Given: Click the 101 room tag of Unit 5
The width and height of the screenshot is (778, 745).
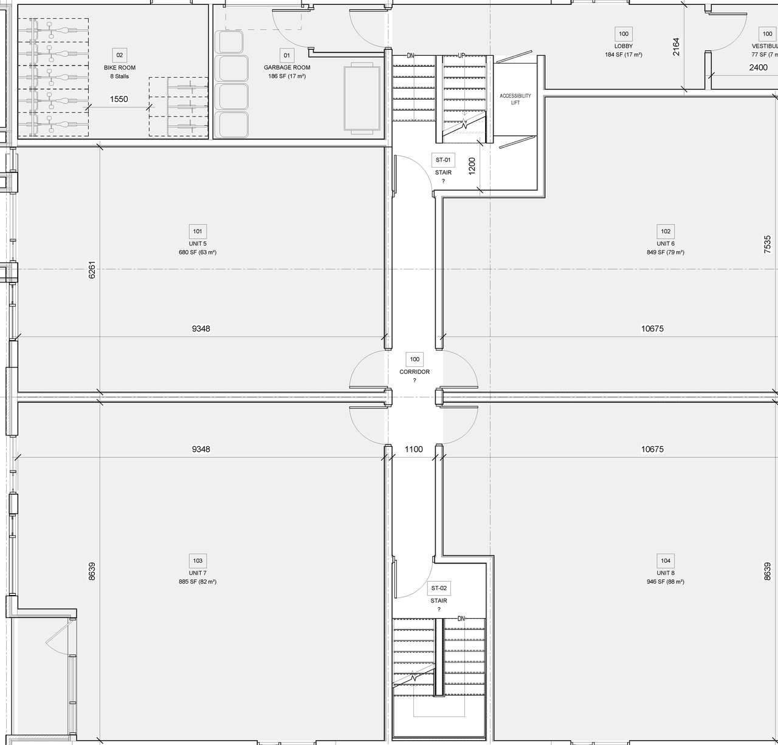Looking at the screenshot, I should [198, 231].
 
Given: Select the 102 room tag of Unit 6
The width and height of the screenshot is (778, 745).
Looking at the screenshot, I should [666, 231].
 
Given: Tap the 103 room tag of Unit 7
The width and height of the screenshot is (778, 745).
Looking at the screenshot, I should [198, 560].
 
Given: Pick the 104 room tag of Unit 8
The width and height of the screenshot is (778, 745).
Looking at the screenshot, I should [666, 560].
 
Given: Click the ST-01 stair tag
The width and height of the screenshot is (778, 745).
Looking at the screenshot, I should [443, 160].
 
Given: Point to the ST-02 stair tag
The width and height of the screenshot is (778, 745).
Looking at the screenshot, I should [439, 588].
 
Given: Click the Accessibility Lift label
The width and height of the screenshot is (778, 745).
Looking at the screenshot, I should [515, 99].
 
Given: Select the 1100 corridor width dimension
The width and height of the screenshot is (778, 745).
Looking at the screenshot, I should [413, 449].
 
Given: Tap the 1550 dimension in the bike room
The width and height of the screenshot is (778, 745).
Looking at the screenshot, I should [119, 99].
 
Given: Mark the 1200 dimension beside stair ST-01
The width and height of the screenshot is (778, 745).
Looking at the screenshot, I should [472, 166].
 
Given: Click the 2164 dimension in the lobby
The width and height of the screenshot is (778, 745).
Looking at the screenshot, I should [676, 47].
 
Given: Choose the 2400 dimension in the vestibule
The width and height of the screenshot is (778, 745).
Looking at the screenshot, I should [758, 67].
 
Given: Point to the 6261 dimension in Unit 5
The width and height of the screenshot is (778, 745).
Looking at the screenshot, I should [92, 270].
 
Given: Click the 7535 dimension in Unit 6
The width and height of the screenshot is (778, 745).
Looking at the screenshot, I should [767, 244].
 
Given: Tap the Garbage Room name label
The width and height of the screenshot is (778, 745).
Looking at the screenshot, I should [287, 67].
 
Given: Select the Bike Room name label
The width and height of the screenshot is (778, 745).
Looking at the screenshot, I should [120, 68].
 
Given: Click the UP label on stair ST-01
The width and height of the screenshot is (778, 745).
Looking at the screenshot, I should [461, 56].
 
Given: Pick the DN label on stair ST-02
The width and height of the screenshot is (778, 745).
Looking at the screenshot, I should [461, 619].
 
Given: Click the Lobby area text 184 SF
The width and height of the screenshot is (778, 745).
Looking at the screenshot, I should [623, 55].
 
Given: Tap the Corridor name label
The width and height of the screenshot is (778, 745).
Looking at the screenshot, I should [415, 372].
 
